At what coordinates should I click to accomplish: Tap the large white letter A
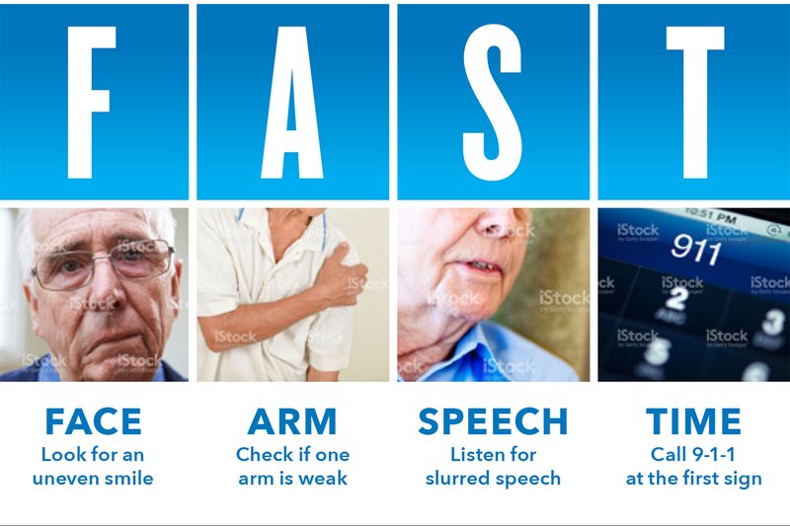[x=292, y=103]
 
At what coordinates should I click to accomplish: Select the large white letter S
[x=492, y=103]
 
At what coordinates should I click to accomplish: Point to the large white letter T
[x=695, y=103]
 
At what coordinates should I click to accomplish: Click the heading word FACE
[x=93, y=421]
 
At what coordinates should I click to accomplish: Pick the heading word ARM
[x=292, y=421]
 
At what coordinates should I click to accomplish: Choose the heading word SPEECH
[x=493, y=421]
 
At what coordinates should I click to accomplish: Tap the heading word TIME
[x=693, y=421]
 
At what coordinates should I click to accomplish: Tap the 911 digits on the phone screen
[x=696, y=249]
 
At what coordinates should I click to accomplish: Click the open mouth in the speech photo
[x=484, y=265]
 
